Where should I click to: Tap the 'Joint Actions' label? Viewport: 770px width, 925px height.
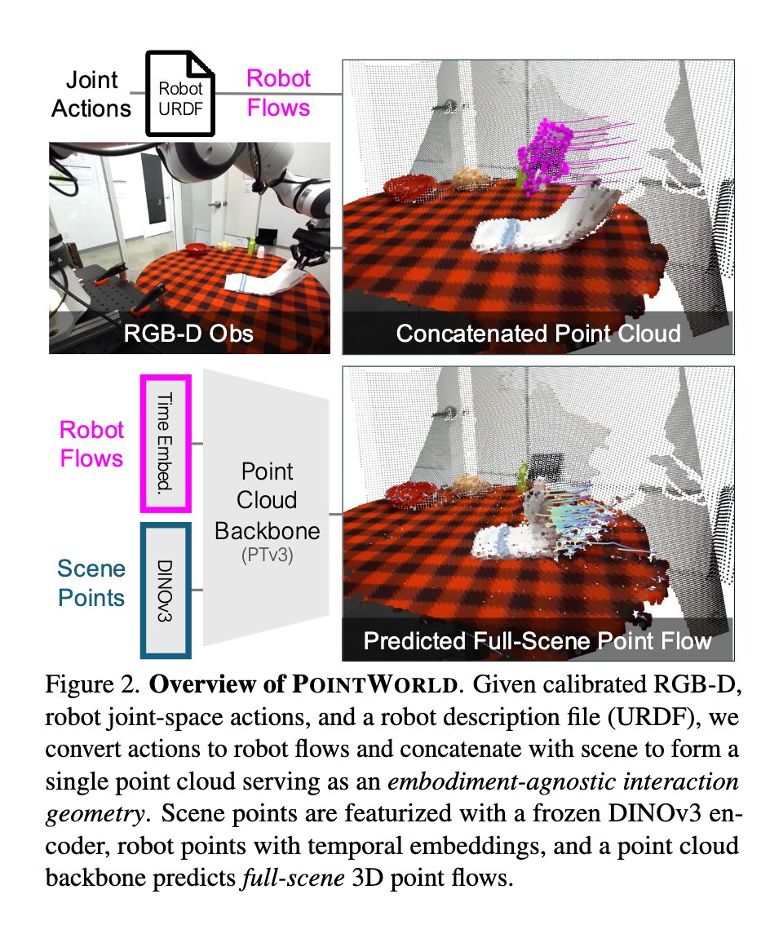point(91,94)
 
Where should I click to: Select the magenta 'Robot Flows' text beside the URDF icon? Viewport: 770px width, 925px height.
point(278,92)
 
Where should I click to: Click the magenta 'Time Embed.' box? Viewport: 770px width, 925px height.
point(166,441)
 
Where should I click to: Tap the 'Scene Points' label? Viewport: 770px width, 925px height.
point(91,583)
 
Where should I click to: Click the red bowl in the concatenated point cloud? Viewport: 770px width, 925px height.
point(405,188)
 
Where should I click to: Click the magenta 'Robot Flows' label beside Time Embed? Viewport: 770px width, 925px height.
point(91,443)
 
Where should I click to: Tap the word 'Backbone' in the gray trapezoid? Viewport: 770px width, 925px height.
point(267,531)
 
